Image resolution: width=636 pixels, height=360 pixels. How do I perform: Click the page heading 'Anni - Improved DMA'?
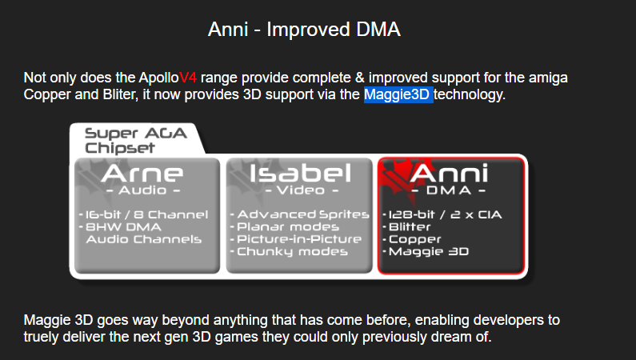pos(304,29)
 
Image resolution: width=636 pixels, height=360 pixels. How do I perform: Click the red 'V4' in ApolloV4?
pos(188,77)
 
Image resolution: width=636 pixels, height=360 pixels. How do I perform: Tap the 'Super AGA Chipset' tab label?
pos(135,140)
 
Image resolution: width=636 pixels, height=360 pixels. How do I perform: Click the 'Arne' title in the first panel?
pos(142,173)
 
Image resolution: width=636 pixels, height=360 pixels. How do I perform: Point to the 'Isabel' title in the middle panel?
pos(300,173)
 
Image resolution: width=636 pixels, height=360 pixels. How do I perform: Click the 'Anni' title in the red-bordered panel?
pos(449,173)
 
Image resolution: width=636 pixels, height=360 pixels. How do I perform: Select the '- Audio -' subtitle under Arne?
pos(142,190)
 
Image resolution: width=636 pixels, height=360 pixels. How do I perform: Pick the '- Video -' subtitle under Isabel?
pos(302,190)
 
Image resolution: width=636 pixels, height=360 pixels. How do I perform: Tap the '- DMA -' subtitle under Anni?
pos(449,190)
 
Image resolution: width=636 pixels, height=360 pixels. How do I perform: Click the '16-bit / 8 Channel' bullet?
pos(143,214)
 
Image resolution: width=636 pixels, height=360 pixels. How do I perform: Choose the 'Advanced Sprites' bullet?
pos(300,214)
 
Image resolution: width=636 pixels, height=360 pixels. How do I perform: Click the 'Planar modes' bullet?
pos(285,226)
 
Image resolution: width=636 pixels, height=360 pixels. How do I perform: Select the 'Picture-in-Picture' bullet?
pos(296,239)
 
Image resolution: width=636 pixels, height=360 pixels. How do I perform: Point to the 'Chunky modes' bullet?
pos(290,252)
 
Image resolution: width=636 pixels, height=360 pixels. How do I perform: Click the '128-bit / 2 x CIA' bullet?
pos(442,214)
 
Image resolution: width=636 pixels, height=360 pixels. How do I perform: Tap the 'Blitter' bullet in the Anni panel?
pos(407,226)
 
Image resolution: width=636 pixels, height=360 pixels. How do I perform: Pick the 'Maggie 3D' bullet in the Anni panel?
pos(426,252)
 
